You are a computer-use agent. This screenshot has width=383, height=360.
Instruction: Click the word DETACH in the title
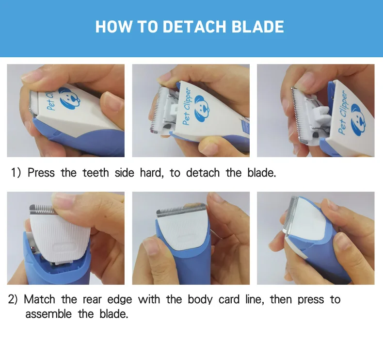(x=194, y=27)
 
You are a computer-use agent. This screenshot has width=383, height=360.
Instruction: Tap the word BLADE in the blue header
(x=257, y=27)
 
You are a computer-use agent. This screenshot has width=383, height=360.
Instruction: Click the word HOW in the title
(x=113, y=27)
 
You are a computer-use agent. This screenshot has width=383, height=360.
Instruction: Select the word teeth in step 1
(x=96, y=173)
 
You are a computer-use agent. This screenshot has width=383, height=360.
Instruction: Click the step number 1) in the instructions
(x=16, y=173)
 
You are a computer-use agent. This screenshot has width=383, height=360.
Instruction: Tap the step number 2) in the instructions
(x=13, y=299)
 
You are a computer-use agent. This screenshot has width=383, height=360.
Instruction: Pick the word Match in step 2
(x=39, y=299)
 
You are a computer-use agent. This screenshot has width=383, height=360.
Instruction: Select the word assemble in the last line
(x=48, y=314)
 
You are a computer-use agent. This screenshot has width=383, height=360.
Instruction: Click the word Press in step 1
(x=41, y=173)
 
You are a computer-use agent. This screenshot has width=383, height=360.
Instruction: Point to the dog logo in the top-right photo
(x=358, y=120)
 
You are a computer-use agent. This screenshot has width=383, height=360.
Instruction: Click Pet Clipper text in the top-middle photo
(x=187, y=106)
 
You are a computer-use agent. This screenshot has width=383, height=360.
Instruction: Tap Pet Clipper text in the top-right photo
(x=342, y=112)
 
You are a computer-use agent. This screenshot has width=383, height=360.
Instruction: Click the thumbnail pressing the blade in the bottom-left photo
(x=62, y=201)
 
